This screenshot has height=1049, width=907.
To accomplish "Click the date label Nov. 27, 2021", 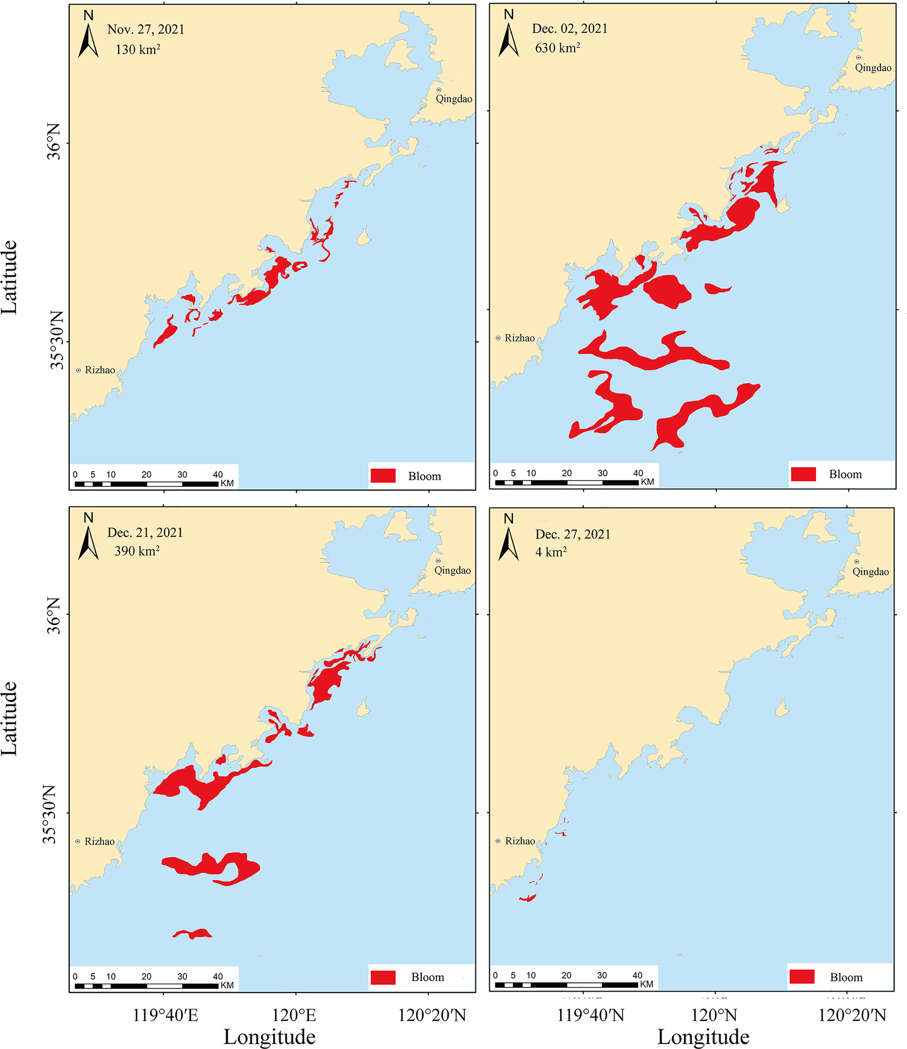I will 146,29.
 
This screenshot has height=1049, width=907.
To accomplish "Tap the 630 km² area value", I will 557,48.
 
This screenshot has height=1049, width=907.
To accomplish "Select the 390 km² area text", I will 137,551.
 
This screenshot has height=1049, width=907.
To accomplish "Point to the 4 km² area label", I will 551,552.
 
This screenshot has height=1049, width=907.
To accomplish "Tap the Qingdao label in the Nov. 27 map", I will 454,99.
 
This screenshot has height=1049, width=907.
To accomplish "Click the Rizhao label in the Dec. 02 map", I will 520,338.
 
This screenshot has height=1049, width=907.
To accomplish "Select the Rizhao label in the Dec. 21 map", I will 99,841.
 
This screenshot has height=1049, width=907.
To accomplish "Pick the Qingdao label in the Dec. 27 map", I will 870,571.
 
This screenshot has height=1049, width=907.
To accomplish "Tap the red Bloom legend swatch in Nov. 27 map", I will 383,476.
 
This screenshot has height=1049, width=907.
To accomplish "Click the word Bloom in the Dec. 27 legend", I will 846,978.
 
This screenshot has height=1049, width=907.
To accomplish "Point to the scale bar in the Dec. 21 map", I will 146,986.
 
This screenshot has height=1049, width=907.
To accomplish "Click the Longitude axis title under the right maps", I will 703,1036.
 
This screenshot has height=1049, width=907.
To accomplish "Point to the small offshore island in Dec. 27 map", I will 782,708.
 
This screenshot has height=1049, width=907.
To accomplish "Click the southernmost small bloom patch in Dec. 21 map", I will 193,934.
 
